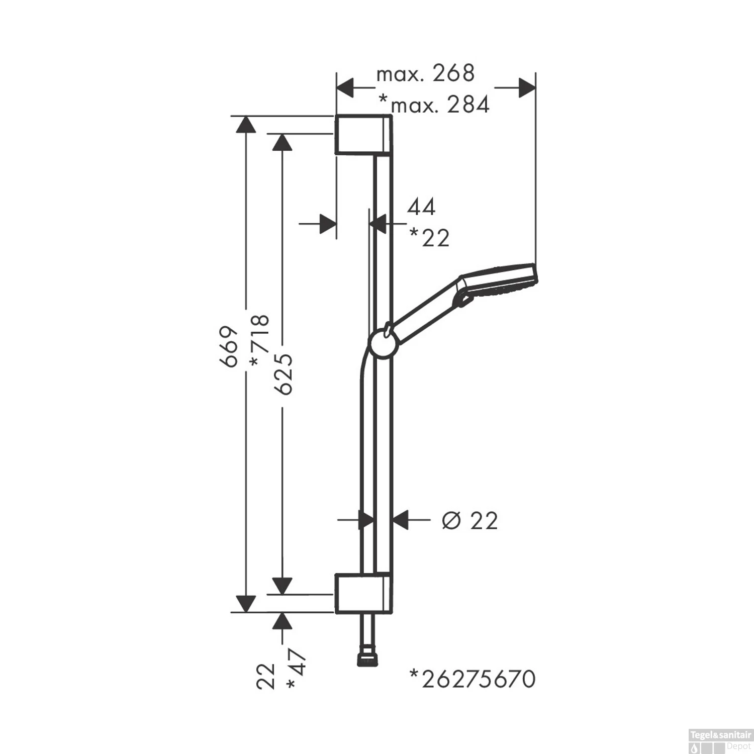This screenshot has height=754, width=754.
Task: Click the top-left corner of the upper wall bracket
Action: pyautogui.click(x=335, y=116)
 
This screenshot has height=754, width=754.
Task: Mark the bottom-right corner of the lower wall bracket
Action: pyautogui.click(x=392, y=613)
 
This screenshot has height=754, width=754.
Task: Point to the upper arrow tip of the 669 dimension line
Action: pyautogui.click(x=245, y=116)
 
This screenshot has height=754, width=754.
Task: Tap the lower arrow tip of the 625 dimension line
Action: pyautogui.click(x=282, y=594)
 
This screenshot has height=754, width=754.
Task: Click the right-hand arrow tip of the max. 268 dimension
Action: pyautogui.click(x=535, y=88)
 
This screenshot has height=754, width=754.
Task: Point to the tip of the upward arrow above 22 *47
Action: pyautogui.click(x=282, y=613)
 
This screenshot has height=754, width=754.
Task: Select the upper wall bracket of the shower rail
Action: pyautogui.click(x=363, y=134)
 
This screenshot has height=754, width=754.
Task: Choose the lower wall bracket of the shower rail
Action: pyautogui.click(x=363, y=593)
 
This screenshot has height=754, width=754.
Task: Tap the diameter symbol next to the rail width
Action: pyautogui.click(x=451, y=521)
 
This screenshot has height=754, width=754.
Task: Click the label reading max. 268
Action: pyautogui.click(x=425, y=74)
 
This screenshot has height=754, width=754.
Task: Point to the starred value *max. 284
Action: pyautogui.click(x=434, y=105)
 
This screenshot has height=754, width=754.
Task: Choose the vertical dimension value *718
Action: pyautogui.click(x=260, y=340)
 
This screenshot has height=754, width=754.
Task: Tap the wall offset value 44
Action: pyautogui.click(x=421, y=207)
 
